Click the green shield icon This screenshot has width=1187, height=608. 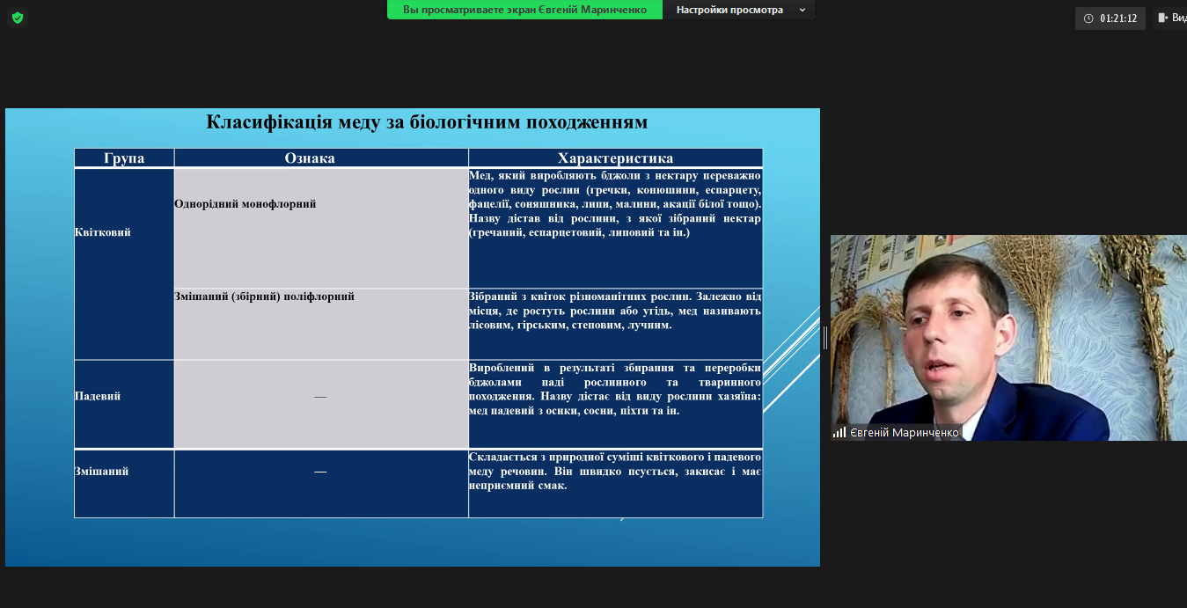[18, 18]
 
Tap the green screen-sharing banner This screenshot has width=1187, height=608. [524, 10]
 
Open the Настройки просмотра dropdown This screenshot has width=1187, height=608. [740, 10]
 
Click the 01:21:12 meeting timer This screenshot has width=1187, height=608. [1110, 18]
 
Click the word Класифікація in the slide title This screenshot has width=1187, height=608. [269, 122]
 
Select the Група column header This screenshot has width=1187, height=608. [124, 158]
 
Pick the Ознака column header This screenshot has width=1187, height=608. [310, 158]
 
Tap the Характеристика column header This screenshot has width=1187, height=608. [615, 158]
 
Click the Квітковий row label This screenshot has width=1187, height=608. [102, 232]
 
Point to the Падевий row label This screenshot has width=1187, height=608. [98, 396]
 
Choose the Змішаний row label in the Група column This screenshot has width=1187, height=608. [101, 472]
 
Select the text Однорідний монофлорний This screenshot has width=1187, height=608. [245, 204]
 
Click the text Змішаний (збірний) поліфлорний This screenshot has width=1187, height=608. [264, 297]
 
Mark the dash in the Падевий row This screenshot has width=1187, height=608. [320, 397]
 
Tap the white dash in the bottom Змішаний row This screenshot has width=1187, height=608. [320, 472]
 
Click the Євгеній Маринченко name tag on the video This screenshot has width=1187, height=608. [904, 433]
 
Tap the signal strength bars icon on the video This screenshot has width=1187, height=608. [839, 433]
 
